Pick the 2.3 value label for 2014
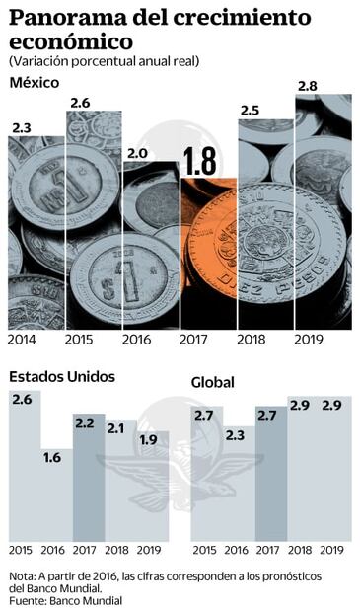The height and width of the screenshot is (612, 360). [x=22, y=127]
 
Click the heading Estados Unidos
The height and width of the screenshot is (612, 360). [x=62, y=376]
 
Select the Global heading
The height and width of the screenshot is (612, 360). [x=213, y=381]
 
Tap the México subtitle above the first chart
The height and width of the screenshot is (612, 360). [x=34, y=82]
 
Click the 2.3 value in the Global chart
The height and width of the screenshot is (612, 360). [x=236, y=433]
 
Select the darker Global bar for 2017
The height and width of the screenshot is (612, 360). [x=270, y=474]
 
